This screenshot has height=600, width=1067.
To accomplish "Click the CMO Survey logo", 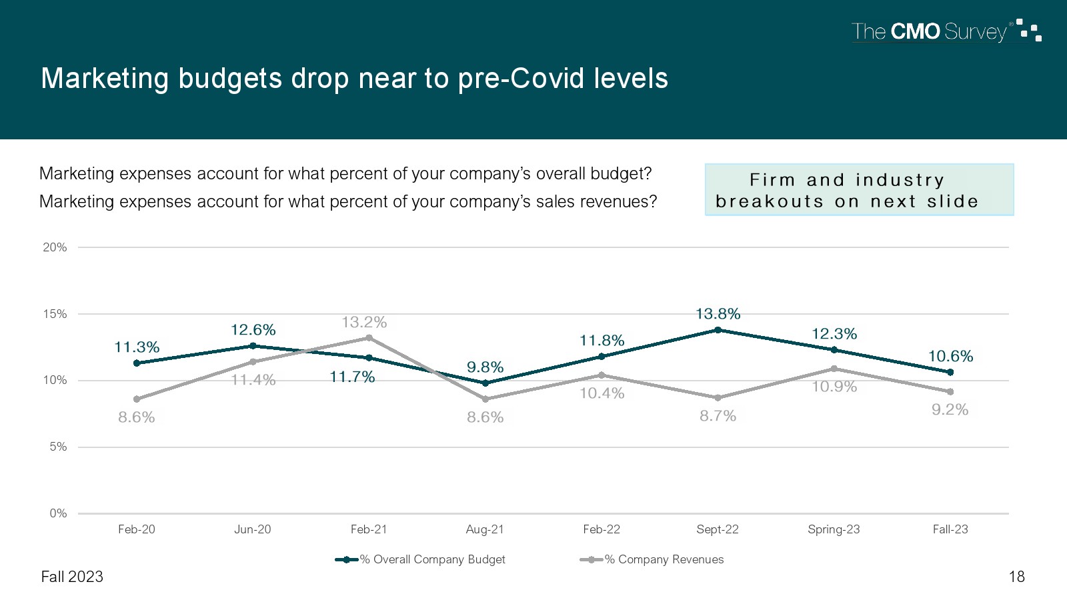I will click(x=946, y=31).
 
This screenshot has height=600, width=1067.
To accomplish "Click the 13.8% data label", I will click(x=718, y=313).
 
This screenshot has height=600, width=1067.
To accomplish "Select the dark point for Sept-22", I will click(x=718, y=330).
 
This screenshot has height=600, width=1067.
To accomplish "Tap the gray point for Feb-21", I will click(x=369, y=338).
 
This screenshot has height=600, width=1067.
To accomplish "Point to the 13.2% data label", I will click(x=364, y=323).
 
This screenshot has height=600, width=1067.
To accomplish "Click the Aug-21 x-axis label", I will click(x=485, y=529).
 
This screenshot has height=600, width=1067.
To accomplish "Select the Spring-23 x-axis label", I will click(x=834, y=529).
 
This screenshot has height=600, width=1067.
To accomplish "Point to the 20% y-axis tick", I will click(x=55, y=247).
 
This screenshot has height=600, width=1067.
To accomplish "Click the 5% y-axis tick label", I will click(x=58, y=447).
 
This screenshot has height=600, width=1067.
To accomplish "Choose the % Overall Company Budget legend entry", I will click(x=421, y=559).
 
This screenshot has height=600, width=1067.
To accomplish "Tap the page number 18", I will click(x=1016, y=577).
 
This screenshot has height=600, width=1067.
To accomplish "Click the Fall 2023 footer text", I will click(x=72, y=577).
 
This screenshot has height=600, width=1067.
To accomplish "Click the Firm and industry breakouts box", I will click(x=859, y=190).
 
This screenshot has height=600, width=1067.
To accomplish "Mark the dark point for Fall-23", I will click(x=950, y=372).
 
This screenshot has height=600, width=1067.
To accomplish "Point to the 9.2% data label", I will click(x=950, y=409).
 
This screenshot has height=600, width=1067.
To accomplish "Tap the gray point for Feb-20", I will click(x=137, y=399).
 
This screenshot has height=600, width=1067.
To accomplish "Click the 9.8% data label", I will click(x=485, y=367).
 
